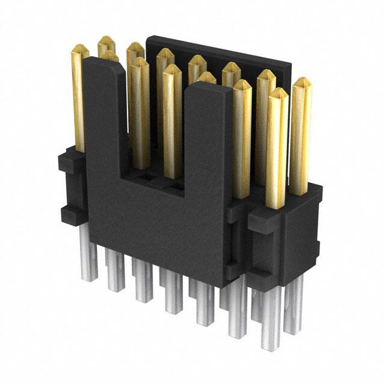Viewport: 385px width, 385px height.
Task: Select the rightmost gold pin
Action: click(300, 138)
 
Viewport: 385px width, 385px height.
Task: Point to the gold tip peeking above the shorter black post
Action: click(206, 77)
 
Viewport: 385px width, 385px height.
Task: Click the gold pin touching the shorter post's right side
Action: click(242, 138)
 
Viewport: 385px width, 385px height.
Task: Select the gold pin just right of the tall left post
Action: click(140, 114)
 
